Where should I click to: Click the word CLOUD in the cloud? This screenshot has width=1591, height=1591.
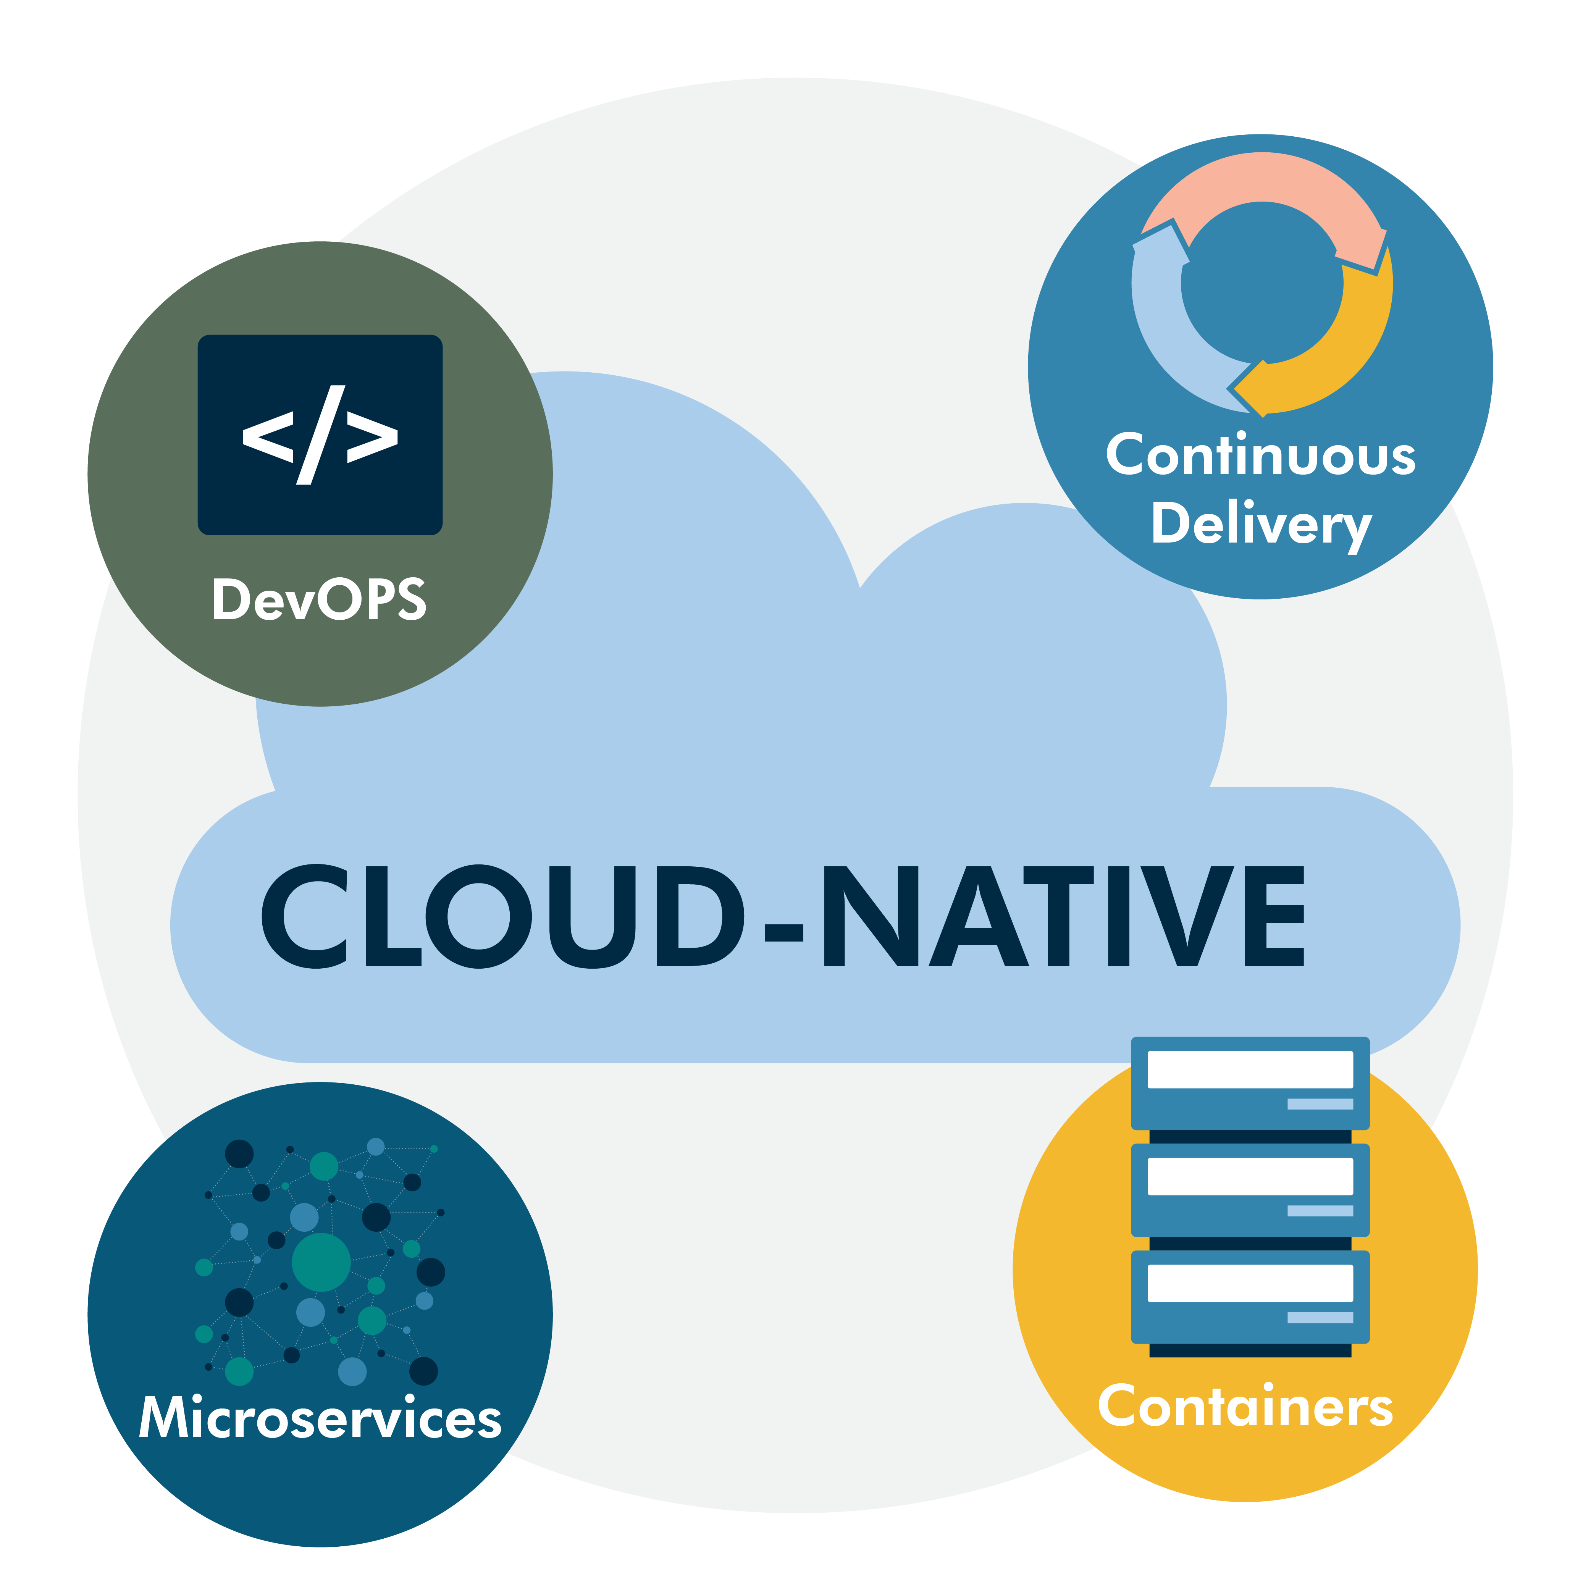[502, 916]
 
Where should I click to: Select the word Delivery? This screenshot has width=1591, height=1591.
[1261, 525]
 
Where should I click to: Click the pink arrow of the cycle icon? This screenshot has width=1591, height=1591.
[1262, 185]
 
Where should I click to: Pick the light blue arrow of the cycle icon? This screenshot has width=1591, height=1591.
[1169, 330]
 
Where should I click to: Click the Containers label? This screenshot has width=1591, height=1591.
[1245, 1407]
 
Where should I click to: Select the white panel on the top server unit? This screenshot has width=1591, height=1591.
[1250, 1070]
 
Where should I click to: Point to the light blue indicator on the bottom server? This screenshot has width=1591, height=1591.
[1320, 1318]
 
